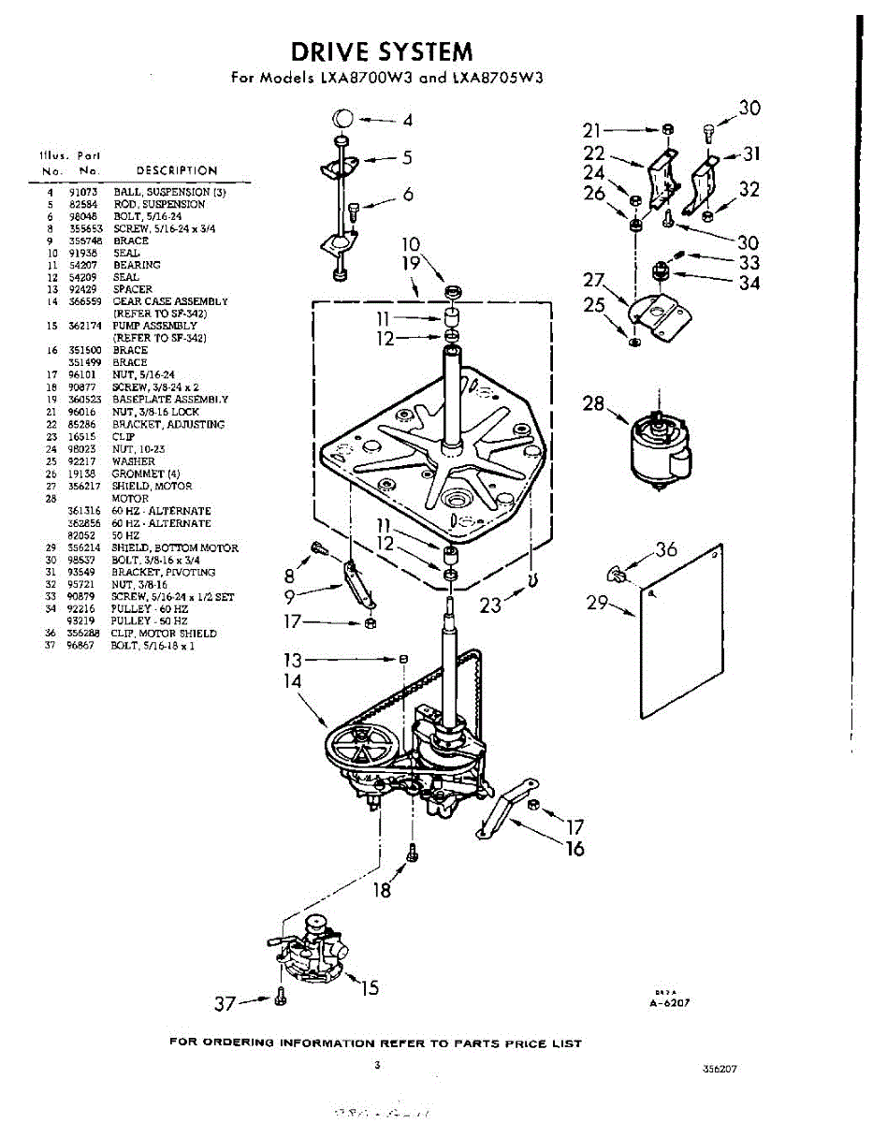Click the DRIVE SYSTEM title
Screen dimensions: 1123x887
(381, 51)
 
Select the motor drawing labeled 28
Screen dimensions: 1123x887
(659, 447)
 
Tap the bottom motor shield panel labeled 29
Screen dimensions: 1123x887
(682, 631)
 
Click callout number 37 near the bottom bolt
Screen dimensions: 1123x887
(225, 1003)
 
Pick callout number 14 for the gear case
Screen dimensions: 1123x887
(294, 681)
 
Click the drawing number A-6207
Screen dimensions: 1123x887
(669, 1002)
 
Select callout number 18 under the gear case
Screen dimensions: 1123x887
(382, 889)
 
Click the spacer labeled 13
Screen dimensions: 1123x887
(403, 659)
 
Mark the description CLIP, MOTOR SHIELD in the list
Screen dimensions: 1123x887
(164, 634)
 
